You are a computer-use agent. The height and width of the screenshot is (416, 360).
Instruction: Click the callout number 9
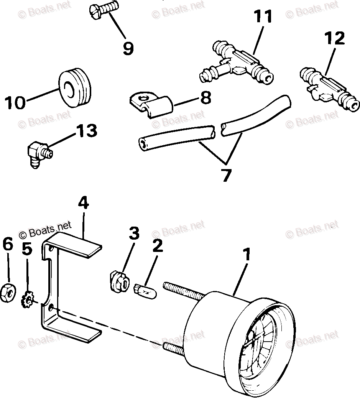point(128,48)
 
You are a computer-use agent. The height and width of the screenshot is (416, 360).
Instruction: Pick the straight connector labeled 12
point(329,87)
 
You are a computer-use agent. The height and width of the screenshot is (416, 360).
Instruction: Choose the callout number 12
point(335,39)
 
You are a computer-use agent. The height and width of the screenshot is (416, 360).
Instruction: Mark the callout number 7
point(226,175)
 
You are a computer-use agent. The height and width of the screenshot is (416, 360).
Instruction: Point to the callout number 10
point(16,102)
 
